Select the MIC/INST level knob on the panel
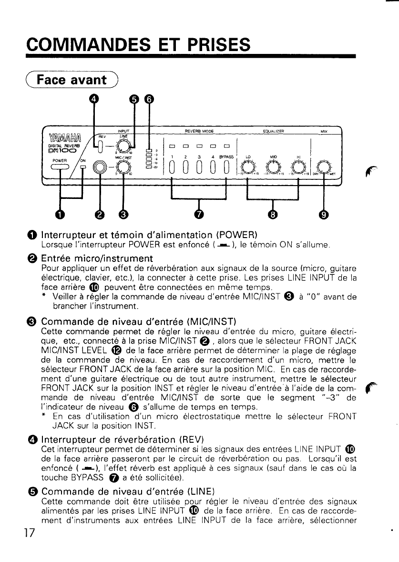[x=123, y=166]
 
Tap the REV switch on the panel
[x=100, y=144]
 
